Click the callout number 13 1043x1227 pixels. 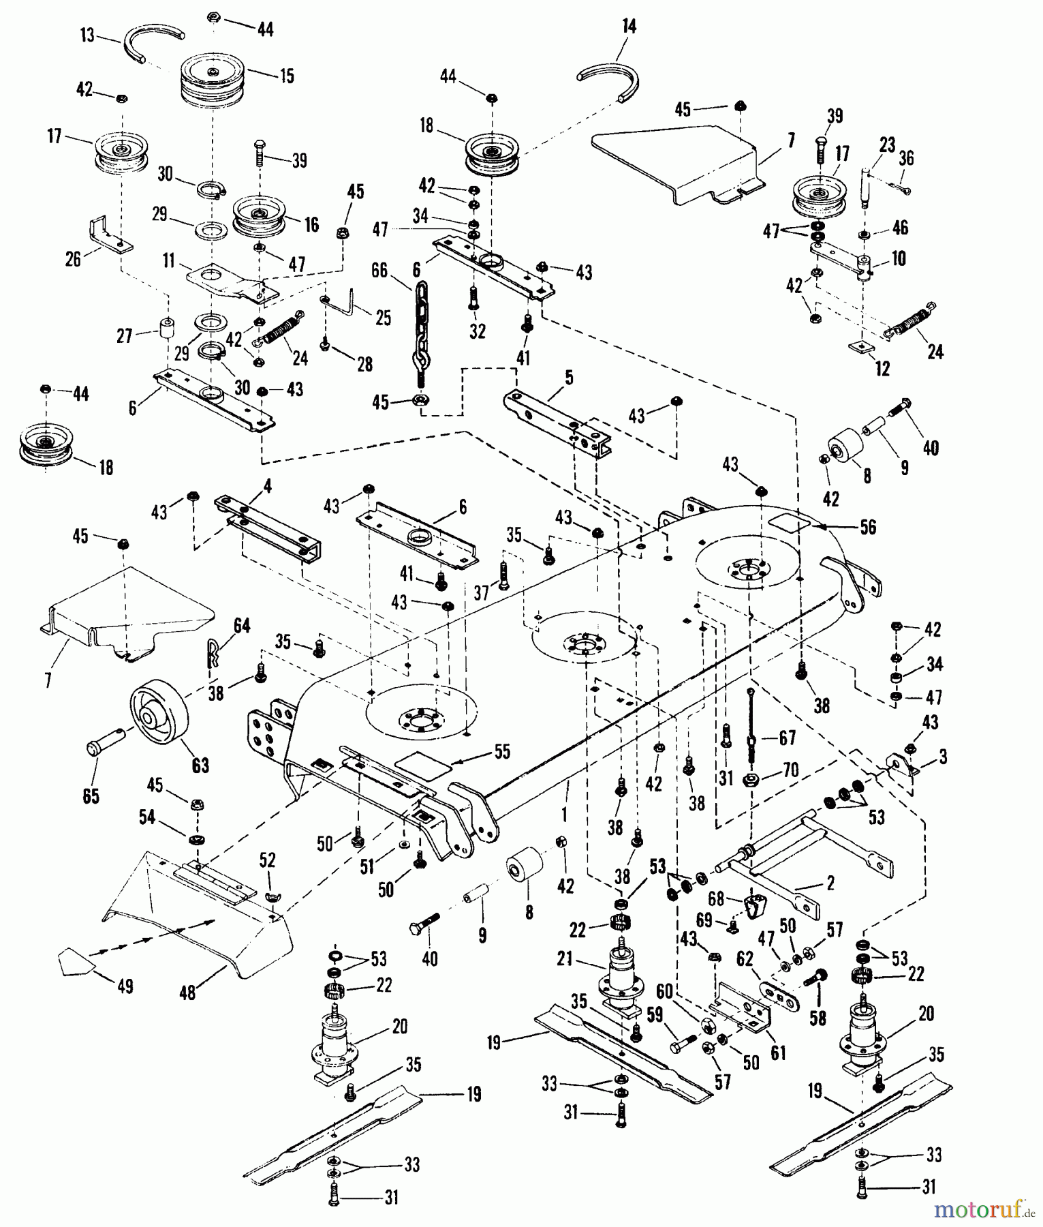(x=88, y=34)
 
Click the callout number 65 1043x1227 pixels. (x=91, y=796)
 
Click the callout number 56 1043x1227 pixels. (x=867, y=527)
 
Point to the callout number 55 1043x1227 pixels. (x=501, y=752)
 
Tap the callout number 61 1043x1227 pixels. (x=777, y=1053)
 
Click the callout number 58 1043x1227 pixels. (x=818, y=1018)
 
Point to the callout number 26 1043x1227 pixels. (x=73, y=258)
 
